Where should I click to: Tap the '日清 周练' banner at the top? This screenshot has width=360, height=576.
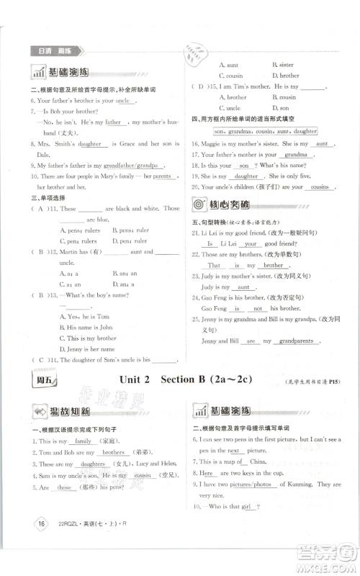[x=56, y=52]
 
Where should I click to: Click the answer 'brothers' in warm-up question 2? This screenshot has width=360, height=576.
[x=114, y=453]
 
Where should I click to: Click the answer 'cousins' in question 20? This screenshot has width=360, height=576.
[x=315, y=187]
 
